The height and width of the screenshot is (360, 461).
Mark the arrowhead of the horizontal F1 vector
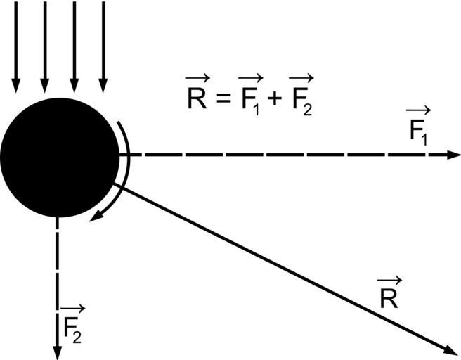455,155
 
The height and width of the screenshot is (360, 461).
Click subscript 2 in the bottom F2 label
77,336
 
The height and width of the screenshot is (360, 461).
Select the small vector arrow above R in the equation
198,79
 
